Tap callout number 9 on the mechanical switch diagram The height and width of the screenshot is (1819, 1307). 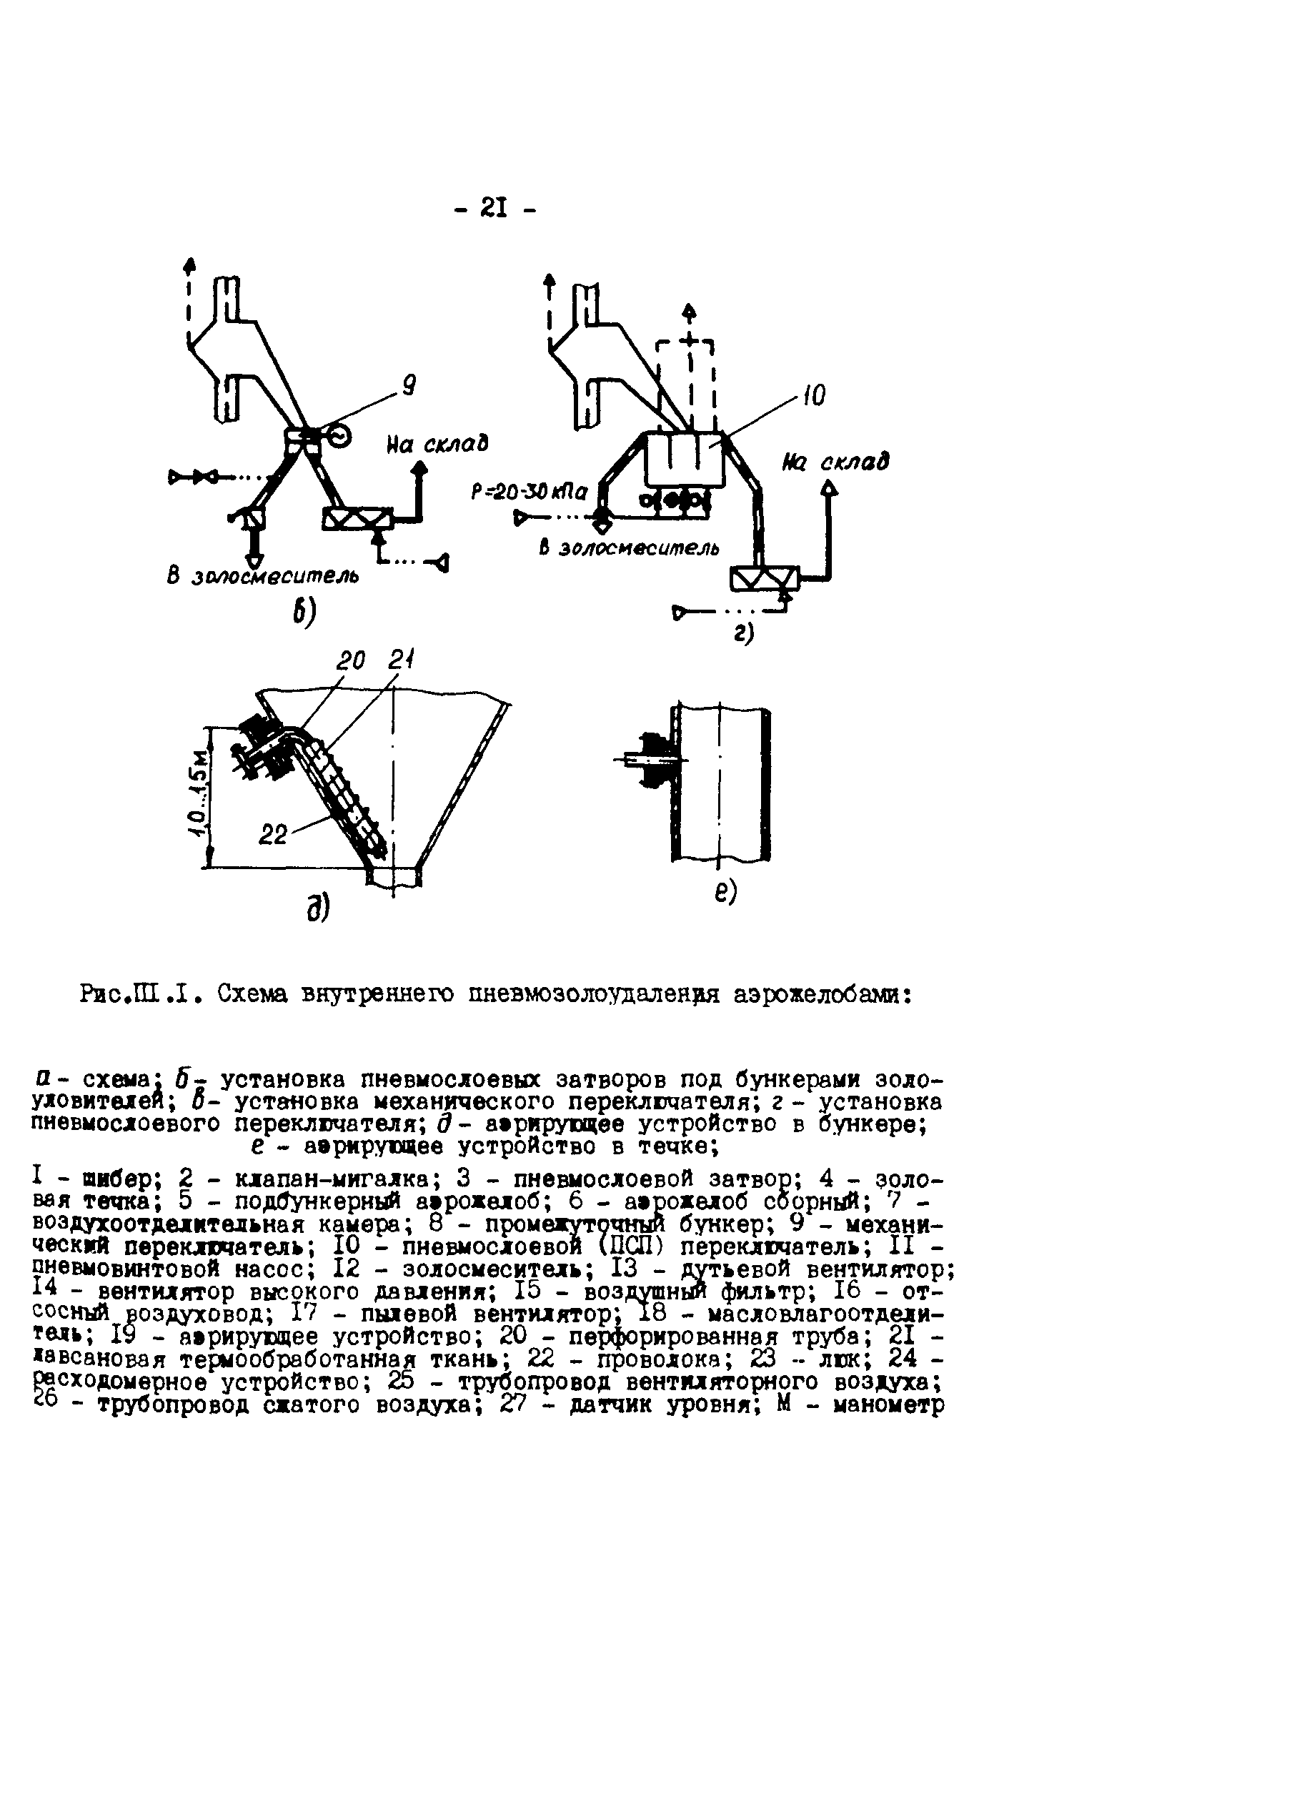pos(408,387)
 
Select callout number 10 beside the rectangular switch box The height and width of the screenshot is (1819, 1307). pos(813,395)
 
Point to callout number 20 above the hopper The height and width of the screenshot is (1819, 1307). pos(350,661)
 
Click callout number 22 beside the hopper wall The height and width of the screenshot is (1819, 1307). pos(274,835)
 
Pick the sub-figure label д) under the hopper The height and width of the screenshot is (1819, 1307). pos(318,908)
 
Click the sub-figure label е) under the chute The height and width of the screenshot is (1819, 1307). pos(725,891)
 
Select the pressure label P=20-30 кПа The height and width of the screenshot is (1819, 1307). pos(530,492)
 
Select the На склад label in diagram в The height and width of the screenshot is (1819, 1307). pos(438,444)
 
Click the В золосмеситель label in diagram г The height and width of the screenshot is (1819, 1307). pos(629,547)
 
